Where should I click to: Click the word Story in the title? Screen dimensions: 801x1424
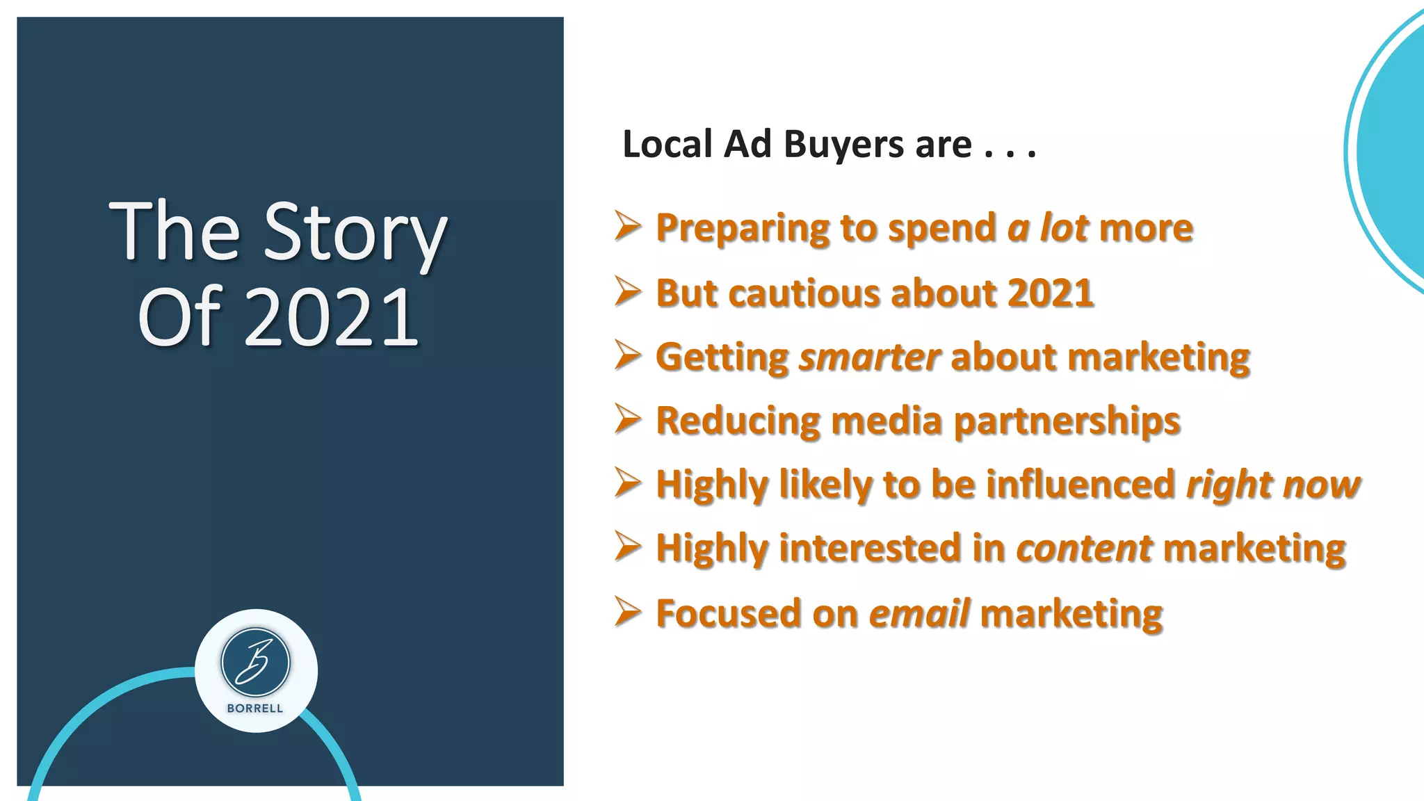[355, 232]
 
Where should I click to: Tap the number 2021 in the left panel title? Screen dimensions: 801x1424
[331, 317]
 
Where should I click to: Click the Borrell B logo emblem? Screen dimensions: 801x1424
[255, 663]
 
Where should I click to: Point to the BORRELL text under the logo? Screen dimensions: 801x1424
[255, 709]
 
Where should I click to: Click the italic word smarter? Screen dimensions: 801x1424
[870, 357]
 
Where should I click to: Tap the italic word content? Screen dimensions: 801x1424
[1084, 548]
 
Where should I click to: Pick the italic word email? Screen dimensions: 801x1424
[919, 613]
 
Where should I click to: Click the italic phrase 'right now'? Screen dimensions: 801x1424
[1273, 484]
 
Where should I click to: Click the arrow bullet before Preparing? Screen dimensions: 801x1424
[627, 227]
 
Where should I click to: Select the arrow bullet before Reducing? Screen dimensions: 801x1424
[627, 419]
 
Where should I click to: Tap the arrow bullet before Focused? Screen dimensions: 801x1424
[627, 612]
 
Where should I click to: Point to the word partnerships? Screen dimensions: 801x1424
[1067, 421]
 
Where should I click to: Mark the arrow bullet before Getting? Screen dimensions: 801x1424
[627, 355]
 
